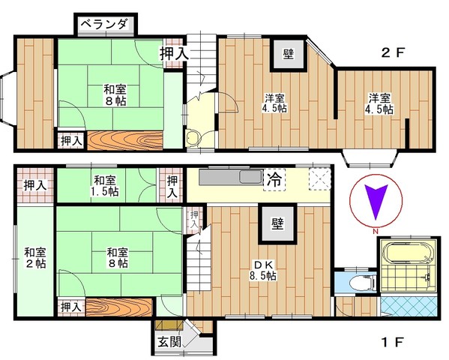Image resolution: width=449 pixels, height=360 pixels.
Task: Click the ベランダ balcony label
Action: click(103, 25)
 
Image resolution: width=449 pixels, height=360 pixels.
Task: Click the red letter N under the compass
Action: click(375, 231)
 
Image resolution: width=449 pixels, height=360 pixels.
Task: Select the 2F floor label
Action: click(394, 52)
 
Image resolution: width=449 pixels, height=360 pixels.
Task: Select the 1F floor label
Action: click(393, 342)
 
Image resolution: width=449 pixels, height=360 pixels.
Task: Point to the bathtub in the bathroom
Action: click(407, 253)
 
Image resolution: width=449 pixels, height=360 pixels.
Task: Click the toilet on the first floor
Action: click(362, 283)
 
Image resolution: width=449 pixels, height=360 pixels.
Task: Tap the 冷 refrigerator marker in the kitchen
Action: click(274, 180)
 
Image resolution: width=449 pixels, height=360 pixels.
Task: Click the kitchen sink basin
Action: click(251, 176)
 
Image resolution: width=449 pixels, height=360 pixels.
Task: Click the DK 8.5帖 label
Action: click(262, 270)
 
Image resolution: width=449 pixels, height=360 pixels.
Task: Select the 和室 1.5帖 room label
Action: click(105, 186)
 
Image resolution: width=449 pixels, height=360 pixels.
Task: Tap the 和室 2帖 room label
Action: click(35, 258)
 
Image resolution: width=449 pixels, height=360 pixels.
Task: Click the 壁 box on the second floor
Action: click(289, 54)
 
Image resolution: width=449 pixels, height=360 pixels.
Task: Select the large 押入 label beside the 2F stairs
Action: click(175, 53)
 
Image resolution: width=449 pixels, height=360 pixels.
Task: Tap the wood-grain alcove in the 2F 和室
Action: click(125, 140)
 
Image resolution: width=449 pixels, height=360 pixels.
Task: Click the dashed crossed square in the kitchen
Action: click(319, 179)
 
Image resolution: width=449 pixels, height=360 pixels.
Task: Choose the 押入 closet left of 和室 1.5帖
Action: click(35, 185)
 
